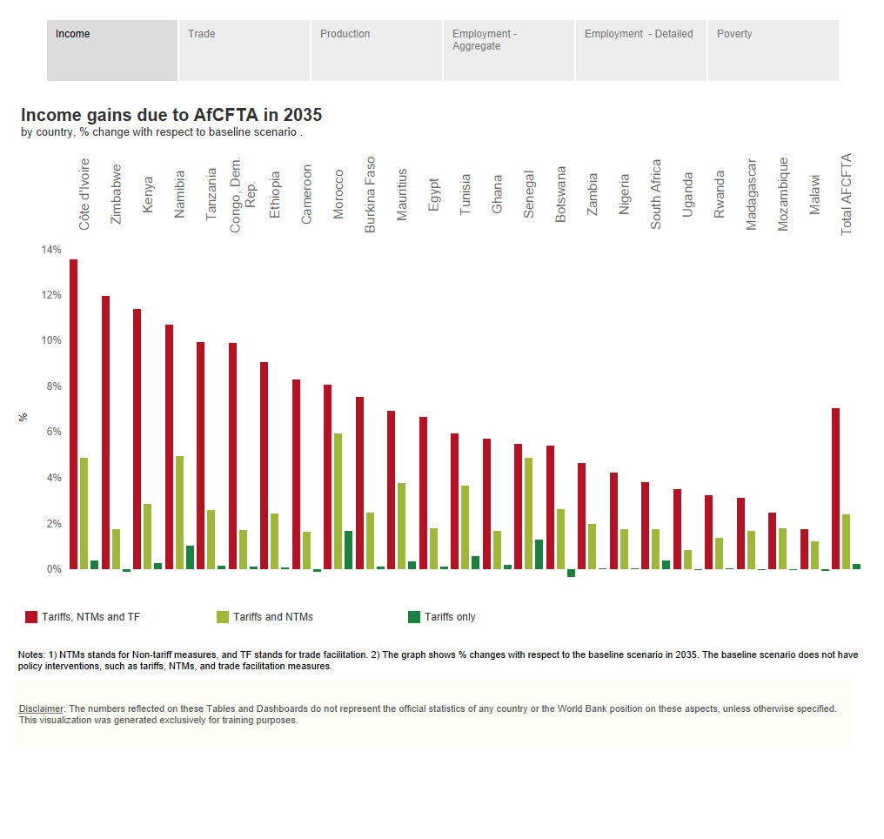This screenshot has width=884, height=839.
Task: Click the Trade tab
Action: pos(244,50)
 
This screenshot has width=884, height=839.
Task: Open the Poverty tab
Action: pos(773,50)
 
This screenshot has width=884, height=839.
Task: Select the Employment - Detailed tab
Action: pos(640,50)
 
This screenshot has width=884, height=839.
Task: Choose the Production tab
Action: pos(376,50)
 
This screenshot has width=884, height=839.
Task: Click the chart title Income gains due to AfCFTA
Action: pos(171,115)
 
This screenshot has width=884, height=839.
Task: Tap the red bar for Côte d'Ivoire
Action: pos(74,414)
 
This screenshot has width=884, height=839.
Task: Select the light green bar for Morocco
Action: pos(338,501)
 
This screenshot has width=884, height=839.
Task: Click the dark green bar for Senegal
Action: pos(539,554)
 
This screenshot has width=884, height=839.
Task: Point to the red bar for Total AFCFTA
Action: pos(836,488)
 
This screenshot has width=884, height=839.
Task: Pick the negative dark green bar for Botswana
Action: pos(571,573)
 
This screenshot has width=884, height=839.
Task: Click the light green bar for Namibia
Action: pos(179,512)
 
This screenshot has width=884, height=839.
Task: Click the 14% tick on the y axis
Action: pos(51,250)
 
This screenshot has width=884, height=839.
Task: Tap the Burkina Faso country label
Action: pos(371,194)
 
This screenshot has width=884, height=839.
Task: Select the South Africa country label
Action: pos(656,194)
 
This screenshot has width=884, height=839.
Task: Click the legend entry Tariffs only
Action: pos(450,617)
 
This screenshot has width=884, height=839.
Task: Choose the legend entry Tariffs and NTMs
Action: pos(272,617)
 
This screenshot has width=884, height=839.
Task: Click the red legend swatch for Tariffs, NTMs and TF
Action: pos(31,617)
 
